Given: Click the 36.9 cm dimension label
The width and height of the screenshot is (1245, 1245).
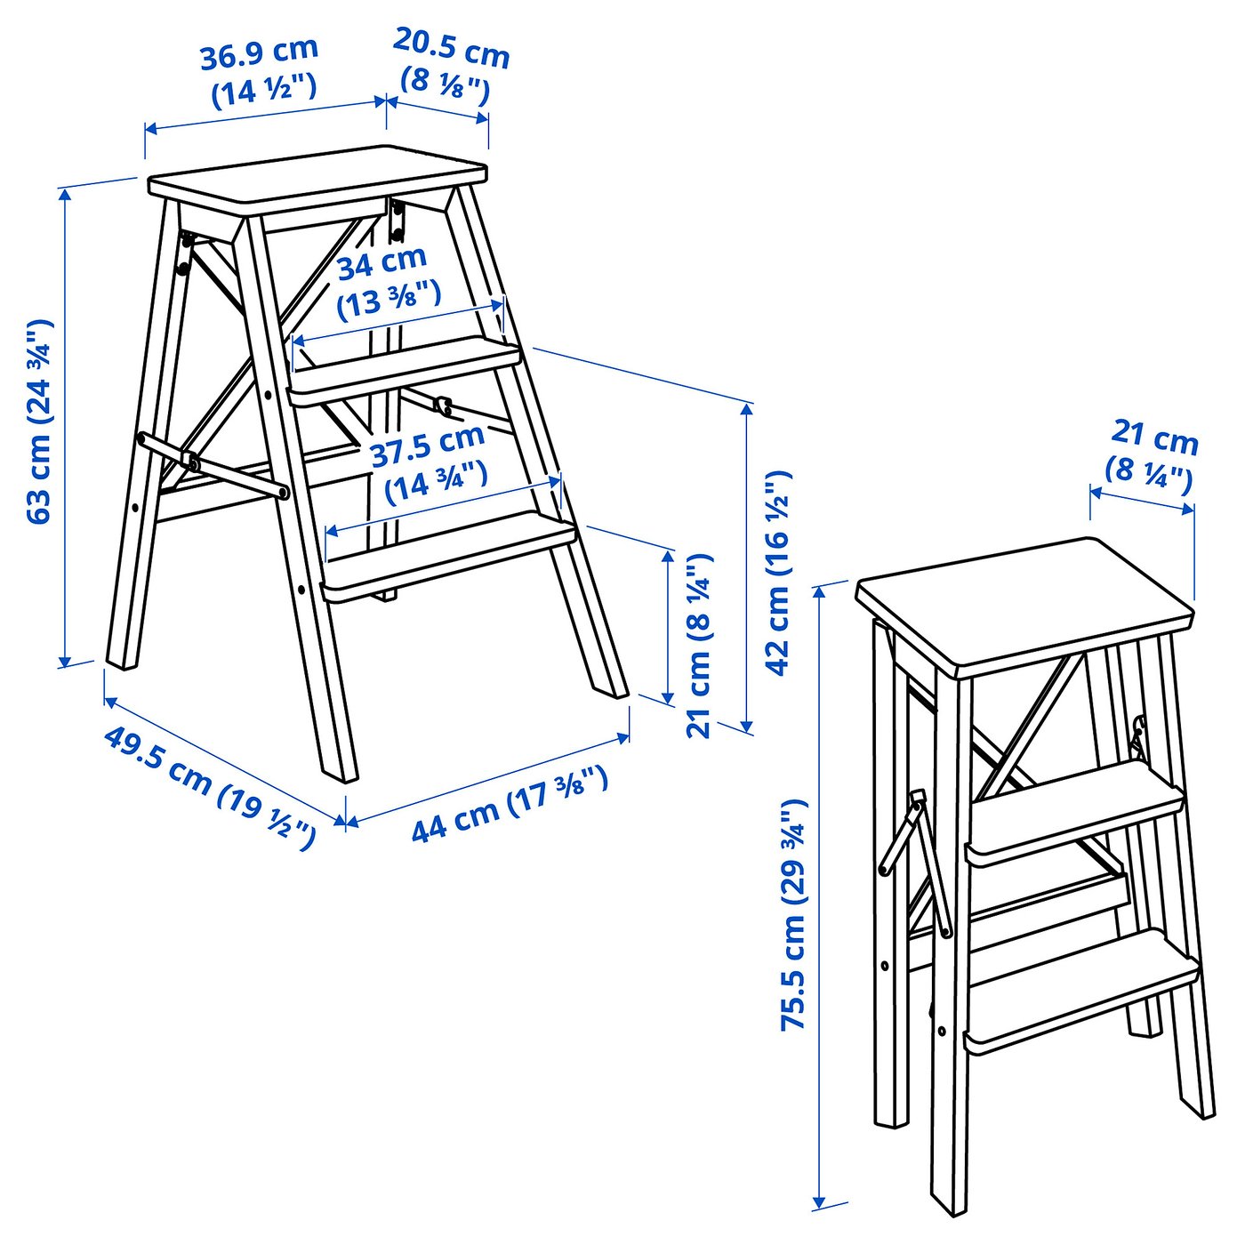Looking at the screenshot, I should (260, 71).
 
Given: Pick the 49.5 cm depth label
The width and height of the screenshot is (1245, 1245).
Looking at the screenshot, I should (208, 788).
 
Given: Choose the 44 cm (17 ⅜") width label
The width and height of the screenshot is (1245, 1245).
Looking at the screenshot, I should (509, 804).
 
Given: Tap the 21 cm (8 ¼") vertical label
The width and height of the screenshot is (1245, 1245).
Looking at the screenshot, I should (700, 644).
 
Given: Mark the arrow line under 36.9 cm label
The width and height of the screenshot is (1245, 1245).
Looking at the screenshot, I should (265, 116).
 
